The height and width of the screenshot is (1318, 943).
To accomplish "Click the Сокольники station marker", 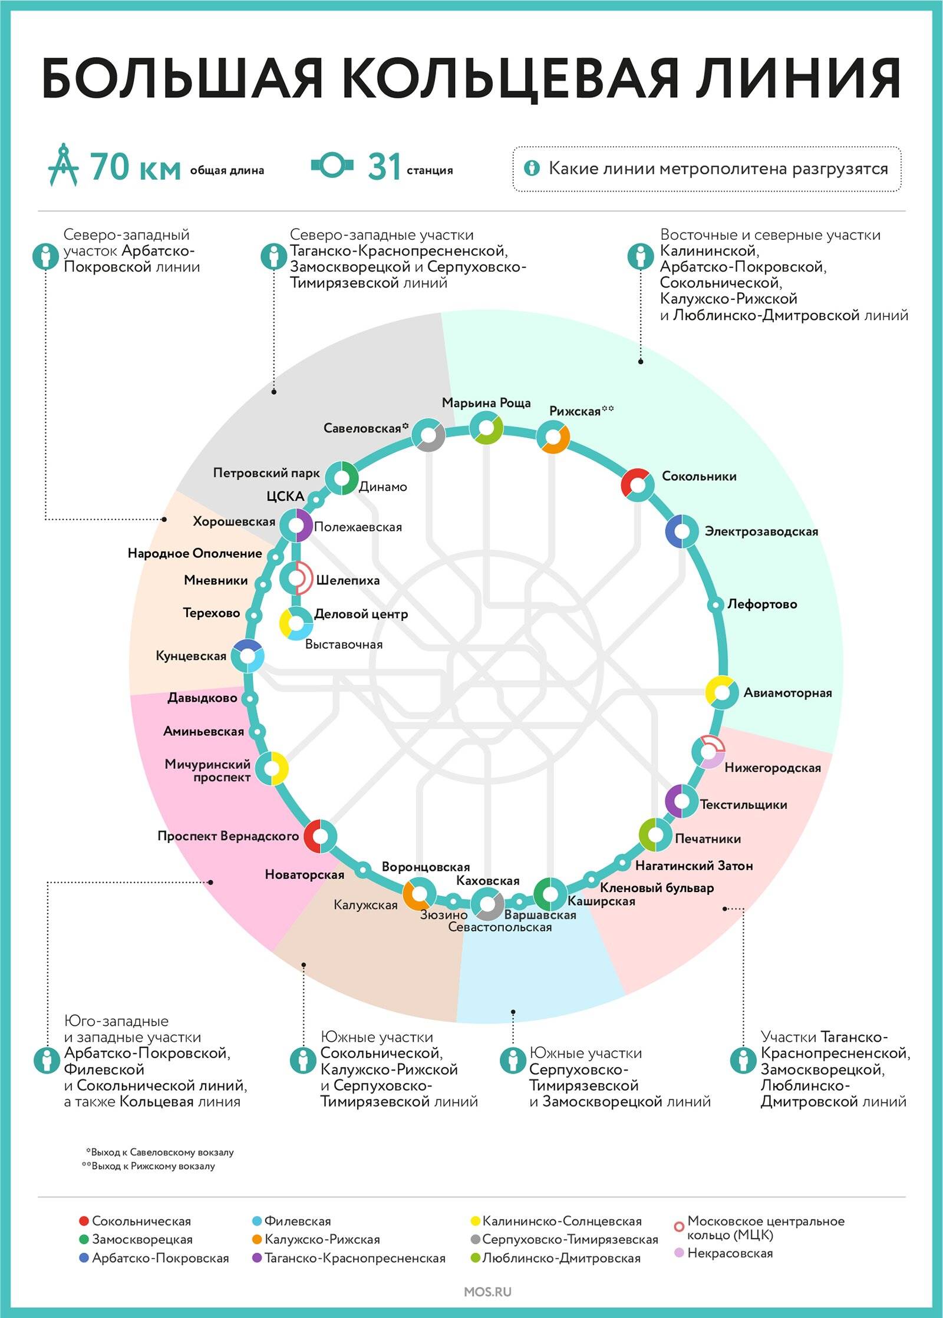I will coord(638,485).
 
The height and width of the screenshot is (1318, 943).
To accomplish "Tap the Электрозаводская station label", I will coord(761,531).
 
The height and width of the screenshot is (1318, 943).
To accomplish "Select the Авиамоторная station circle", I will coord(722,692).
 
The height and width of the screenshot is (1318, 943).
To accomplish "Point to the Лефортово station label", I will coord(762,604).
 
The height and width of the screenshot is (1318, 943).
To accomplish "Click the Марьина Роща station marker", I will coord(486,428).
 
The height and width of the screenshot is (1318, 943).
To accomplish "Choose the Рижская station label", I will coord(575,411).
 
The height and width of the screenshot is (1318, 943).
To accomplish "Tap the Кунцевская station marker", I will coord(247,656).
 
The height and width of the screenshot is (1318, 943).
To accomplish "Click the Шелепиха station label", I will coord(348,580).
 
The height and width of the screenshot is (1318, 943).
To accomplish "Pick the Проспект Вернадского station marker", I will coord(320,836).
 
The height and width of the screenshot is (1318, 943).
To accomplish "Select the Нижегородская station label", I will coord(772,768).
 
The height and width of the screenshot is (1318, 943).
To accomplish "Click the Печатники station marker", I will coord(655,835).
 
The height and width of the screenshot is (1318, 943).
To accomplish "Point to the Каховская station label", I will coord(488,881).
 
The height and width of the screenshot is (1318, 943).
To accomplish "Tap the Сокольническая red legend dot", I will coord(84,1221).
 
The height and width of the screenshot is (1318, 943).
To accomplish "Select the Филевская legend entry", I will coord(297,1221).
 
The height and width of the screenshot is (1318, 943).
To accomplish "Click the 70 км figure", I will coord(135,167).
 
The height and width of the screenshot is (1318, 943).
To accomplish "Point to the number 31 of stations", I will coord(384,167).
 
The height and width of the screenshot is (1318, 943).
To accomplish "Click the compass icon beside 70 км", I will coord(64,165).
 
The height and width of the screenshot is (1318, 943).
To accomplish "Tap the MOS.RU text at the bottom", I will coord(487,1291).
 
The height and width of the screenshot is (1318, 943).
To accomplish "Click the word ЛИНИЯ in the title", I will coord(797,79).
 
